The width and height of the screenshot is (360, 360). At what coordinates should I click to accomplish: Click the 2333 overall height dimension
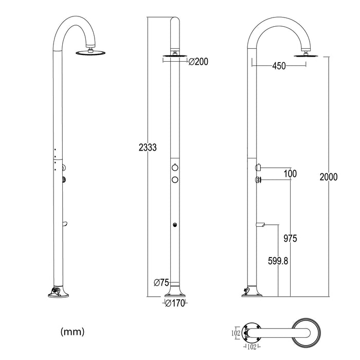pyautogui.click(x=148, y=147)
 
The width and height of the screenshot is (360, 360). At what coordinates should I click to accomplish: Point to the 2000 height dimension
pyautogui.click(x=328, y=177)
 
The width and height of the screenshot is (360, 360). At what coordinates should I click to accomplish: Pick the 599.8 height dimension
pyautogui.click(x=278, y=261)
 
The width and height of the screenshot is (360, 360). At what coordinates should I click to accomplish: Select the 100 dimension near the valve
pyautogui.click(x=290, y=174)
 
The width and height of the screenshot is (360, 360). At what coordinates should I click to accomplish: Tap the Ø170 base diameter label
pyautogui.click(x=175, y=303)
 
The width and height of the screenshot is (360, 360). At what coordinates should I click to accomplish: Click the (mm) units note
pyautogui.click(x=73, y=331)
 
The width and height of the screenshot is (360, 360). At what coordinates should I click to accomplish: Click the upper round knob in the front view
pyautogui.click(x=175, y=167)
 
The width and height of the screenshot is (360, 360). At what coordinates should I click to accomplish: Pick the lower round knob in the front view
pyautogui.click(x=175, y=179)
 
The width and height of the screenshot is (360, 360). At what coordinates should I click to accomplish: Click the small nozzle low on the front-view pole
pyautogui.click(x=175, y=224)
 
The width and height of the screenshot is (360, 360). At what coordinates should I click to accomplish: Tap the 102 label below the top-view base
pyautogui.click(x=251, y=347)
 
